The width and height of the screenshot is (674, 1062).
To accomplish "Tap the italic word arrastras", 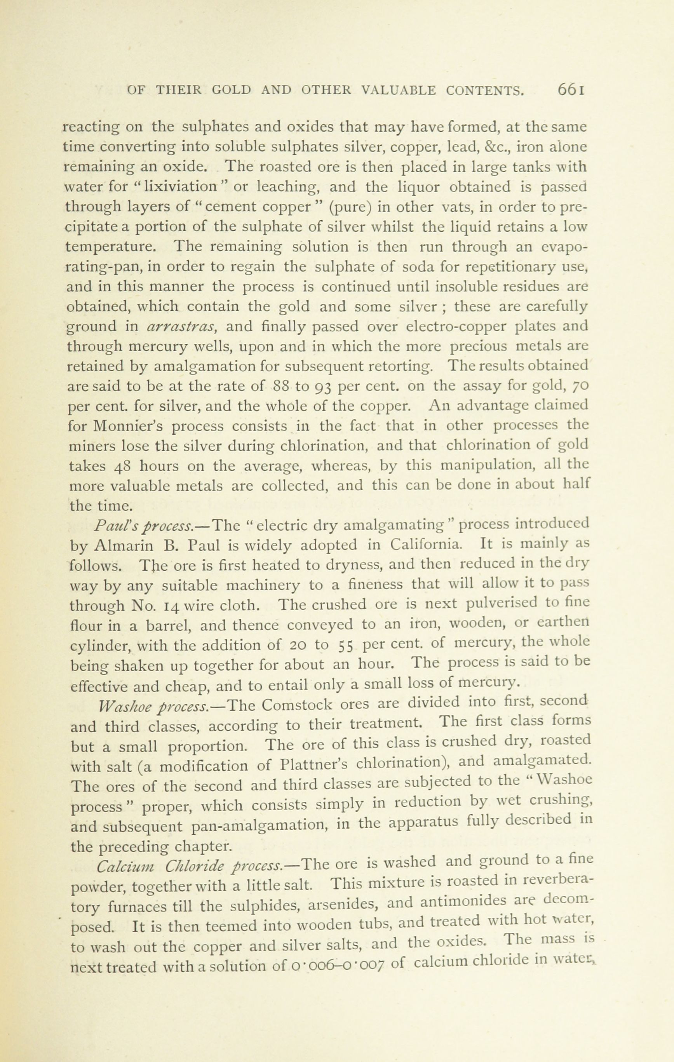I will (x=180, y=326).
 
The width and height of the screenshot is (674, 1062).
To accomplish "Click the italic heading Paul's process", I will (x=144, y=526).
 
